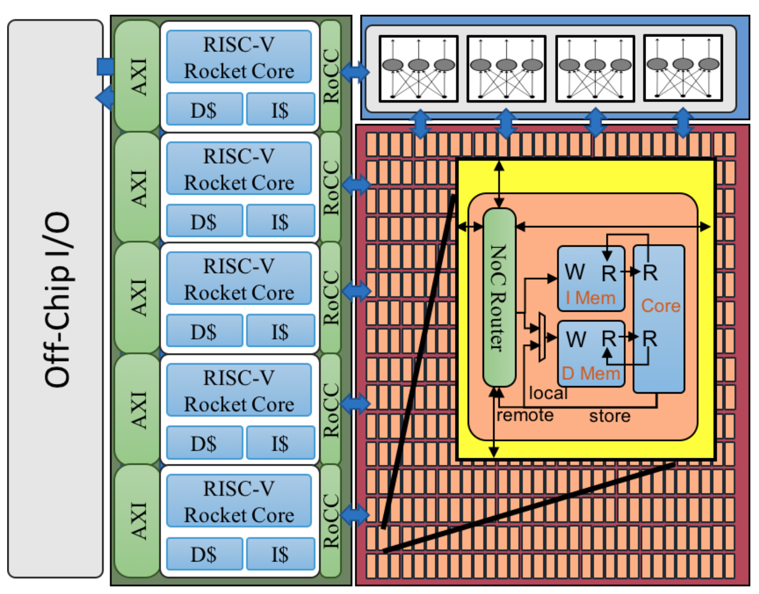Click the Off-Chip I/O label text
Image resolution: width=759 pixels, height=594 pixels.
[57, 300]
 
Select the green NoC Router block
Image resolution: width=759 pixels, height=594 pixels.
[499, 298]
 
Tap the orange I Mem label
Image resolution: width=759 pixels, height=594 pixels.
[590, 298]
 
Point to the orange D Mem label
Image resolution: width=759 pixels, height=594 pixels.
[591, 374]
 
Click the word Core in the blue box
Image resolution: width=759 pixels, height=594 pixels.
[660, 306]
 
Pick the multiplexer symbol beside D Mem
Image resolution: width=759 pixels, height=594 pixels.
[542, 337]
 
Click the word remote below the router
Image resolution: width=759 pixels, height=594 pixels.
[525, 415]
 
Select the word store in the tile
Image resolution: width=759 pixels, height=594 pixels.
[610, 416]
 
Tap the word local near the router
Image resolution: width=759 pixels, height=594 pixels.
[548, 393]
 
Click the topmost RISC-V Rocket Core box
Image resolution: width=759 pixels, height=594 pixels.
[239, 57]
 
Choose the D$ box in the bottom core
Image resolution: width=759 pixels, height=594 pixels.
[204, 554]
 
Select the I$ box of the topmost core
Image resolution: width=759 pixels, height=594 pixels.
[280, 109]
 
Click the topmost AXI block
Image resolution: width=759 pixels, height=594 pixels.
[138, 76]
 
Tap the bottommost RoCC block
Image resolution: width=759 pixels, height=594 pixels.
[330, 521]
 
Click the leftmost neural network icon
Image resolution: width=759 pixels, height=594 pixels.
[418, 69]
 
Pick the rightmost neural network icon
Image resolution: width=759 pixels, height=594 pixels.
[683, 68]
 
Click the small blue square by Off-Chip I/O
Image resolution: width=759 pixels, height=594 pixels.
[105, 66]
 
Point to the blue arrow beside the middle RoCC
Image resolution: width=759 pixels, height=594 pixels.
[357, 291]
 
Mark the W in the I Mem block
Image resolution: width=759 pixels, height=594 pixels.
[575, 272]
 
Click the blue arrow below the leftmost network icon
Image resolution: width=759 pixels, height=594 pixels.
[420, 124]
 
